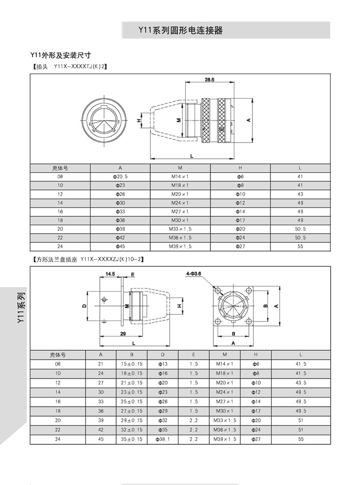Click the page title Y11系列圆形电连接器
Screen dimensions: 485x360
tap(180, 30)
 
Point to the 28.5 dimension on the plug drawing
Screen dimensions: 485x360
tap(209, 80)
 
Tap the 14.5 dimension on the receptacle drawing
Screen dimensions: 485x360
tap(110, 274)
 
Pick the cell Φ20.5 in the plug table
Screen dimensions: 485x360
tap(120, 176)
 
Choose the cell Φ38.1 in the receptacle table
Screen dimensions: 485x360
tap(163, 440)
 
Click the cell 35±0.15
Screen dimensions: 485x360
tap(132, 440)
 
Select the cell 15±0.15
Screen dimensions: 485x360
tap(132, 364)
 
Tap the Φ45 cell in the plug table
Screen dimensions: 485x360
tap(120, 246)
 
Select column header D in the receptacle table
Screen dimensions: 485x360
tap(163, 355)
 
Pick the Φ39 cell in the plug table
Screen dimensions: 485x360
tap(120, 229)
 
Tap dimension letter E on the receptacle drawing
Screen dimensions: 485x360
tap(133, 275)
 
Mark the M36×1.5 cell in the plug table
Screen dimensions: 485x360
tap(180, 238)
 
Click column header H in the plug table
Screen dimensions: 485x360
tap(240, 168)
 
